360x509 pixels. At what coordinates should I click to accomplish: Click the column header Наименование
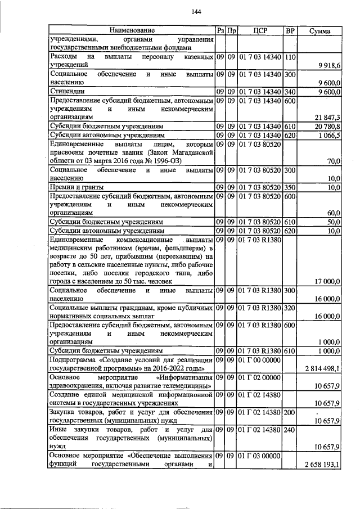(132, 29)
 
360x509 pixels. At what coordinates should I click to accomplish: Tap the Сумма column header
(319, 29)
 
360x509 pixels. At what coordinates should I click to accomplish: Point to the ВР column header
(290, 29)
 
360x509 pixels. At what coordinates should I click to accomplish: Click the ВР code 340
(290, 91)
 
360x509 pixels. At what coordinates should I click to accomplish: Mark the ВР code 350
(290, 186)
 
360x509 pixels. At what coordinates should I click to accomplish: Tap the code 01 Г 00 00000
(259, 359)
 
